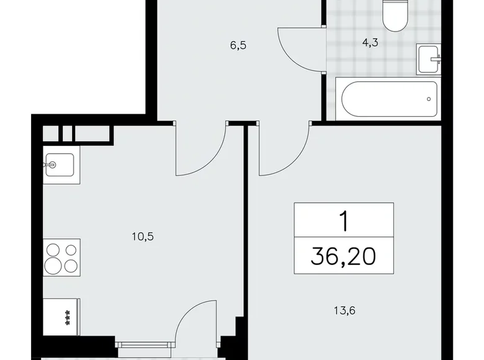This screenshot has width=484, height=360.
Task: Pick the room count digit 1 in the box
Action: pyautogui.click(x=344, y=220)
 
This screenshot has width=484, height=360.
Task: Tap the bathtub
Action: pyautogui.click(x=388, y=98)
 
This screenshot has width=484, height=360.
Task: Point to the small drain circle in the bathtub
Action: pyautogui.click(x=429, y=98)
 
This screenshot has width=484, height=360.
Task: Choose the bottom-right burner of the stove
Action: pyautogui.click(x=70, y=266)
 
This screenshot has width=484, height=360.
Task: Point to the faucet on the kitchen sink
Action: pyautogui.click(x=52, y=165)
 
